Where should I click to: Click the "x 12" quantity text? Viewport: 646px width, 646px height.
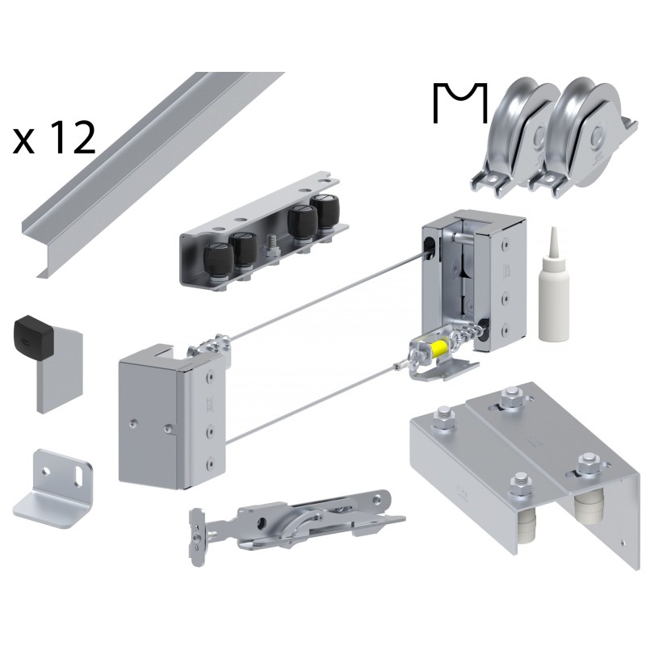click(54, 139)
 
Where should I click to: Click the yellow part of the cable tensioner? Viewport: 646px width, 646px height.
click(441, 350)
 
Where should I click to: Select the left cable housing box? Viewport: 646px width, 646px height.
click(161, 416)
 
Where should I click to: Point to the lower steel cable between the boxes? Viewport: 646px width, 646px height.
click(315, 404)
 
